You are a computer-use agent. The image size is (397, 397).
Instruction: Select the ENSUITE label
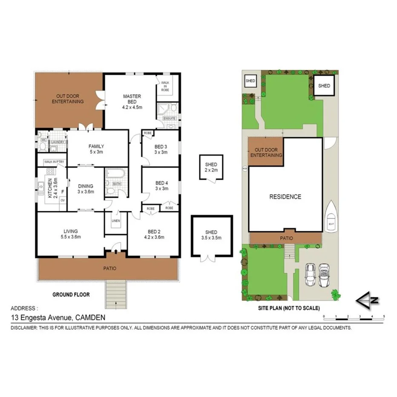pyautogui.click(x=170, y=118)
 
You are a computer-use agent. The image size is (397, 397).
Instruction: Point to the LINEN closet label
pyautogui.click(x=115, y=221)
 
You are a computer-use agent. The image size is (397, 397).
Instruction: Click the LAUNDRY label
pyautogui.click(x=57, y=142)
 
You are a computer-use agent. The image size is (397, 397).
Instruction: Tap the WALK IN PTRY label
pyautogui.click(x=51, y=161)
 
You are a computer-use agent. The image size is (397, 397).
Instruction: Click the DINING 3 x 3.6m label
pyautogui.click(x=85, y=189)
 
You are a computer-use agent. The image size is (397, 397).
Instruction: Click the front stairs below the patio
pyautogui.click(x=116, y=295)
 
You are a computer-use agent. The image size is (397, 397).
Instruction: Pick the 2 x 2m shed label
pyautogui.click(x=211, y=167)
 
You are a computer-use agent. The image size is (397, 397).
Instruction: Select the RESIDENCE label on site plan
pyautogui.click(x=285, y=197)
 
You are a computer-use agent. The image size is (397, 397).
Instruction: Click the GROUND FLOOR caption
pyautogui.click(x=71, y=294)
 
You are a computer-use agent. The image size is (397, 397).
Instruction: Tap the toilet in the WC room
pyautogui.click(x=42, y=146)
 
